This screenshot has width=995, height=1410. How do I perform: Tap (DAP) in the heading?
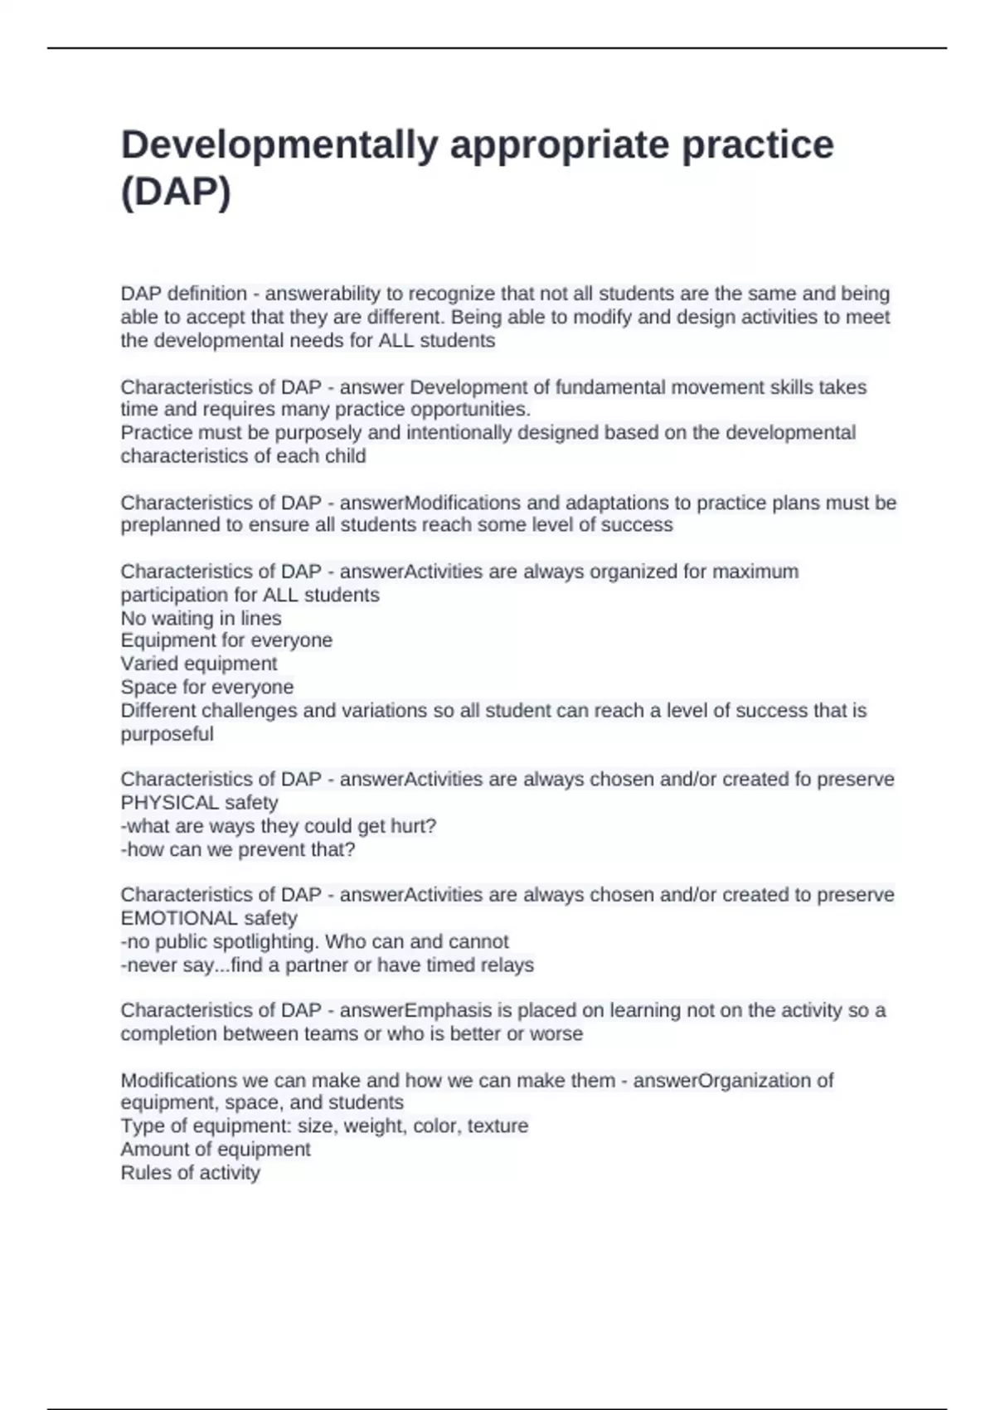(176, 192)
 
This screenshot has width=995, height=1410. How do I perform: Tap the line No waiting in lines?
(201, 619)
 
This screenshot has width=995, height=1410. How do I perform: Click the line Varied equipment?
(199, 664)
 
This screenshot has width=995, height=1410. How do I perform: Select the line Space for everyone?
(207, 688)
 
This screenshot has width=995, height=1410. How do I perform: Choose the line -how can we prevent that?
(238, 850)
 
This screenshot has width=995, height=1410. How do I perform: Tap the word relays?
(506, 965)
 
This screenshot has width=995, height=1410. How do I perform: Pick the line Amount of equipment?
(216, 1150)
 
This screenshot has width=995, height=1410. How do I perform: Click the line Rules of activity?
(191, 1173)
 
